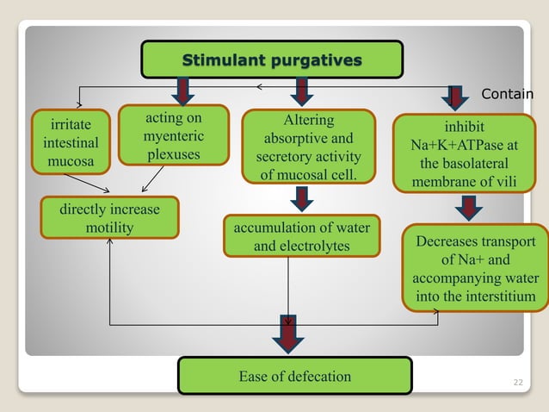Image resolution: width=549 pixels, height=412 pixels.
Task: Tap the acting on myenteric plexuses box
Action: click(173, 134)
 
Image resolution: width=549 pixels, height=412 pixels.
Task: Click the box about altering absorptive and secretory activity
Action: click(308, 147)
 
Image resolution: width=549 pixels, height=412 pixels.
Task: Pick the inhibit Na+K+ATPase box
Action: click(465, 154)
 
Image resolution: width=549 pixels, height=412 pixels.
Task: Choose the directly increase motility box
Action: click(109, 218)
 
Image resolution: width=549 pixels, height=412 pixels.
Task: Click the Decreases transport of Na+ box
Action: click(476, 269)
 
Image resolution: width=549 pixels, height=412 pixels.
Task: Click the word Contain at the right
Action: click(507, 94)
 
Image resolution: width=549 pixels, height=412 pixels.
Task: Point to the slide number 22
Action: click(516, 380)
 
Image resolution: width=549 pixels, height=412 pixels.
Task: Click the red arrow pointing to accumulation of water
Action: click(302, 200)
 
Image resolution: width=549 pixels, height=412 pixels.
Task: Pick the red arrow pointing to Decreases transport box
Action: click(468, 208)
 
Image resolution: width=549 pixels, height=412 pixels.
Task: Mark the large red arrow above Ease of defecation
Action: click(288, 334)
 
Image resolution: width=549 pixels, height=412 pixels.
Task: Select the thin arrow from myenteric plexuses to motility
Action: click(151, 178)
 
